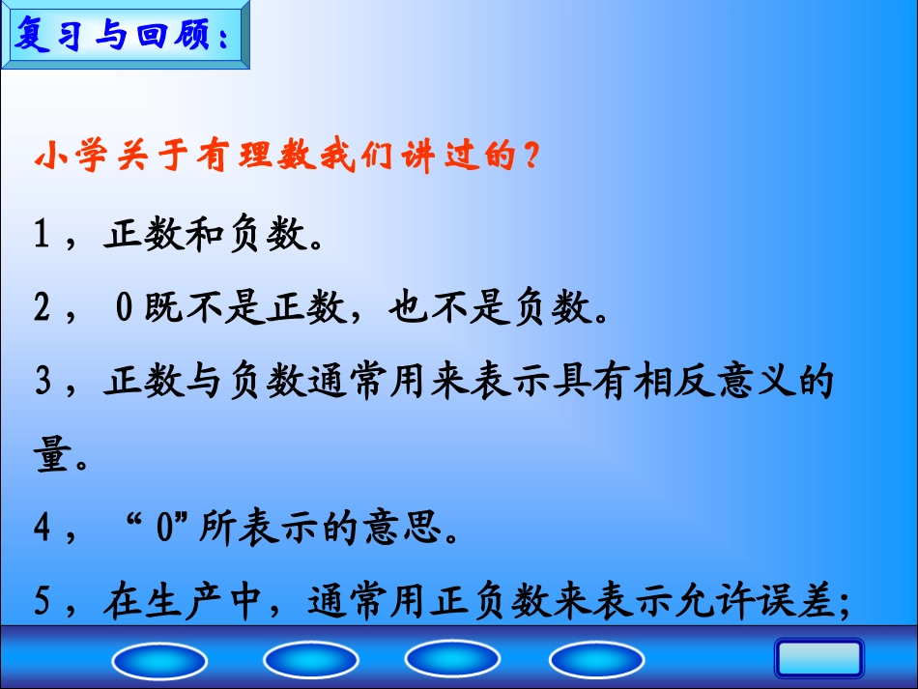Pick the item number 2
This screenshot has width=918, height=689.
point(42,309)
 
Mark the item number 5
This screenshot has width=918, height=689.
point(42,603)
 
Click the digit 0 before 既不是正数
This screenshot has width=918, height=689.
point(124,309)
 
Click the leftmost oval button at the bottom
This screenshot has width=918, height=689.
point(159,661)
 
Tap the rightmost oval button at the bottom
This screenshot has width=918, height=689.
point(596,661)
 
